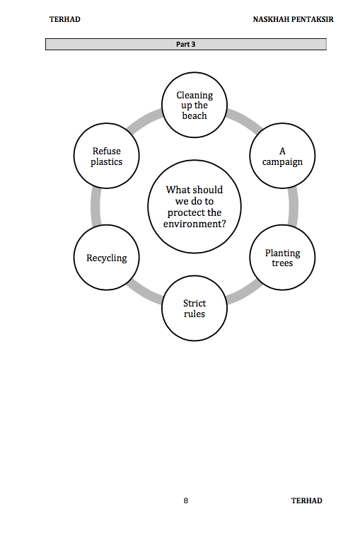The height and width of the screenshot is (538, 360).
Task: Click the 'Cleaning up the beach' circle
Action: pos(194,105)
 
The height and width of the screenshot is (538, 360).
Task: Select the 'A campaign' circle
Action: pos(282,156)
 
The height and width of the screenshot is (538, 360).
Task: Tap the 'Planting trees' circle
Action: pos(282,258)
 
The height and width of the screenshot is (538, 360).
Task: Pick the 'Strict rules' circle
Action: pos(194,308)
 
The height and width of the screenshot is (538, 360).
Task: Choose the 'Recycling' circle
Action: pos(107,258)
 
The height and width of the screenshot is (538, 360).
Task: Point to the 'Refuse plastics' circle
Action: pos(107,156)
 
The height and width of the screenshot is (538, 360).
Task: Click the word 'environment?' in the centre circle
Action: pos(194,224)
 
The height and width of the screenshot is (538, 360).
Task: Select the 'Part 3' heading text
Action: pos(185,45)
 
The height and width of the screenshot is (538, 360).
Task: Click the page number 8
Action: pos(186,500)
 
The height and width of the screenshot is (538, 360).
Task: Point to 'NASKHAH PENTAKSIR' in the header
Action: pos(293,19)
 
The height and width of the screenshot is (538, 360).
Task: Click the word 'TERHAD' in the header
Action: pos(65,19)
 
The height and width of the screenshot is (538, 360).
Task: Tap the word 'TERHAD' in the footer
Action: pos(307,500)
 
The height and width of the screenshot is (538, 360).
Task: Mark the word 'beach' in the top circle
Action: pos(194,115)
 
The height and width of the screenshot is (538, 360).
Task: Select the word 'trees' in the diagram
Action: pos(282,263)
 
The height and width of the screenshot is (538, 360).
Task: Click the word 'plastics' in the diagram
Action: pos(107,161)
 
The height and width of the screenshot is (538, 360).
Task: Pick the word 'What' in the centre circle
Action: pos(177,190)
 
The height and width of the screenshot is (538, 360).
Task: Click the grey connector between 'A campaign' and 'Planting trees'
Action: pos(293,207)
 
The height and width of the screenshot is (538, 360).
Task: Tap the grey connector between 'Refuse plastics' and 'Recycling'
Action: pos(95,207)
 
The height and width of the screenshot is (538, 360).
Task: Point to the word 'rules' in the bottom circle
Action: pos(194,314)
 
